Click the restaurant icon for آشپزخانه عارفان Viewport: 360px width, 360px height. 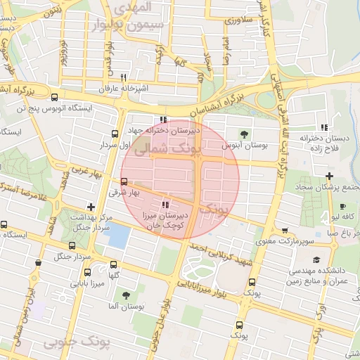(x=124, y=77)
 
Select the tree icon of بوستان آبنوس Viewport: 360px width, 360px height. (x=244, y=133)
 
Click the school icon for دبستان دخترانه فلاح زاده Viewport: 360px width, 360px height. (x=324, y=127)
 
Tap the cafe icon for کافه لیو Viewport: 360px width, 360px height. (x=342, y=206)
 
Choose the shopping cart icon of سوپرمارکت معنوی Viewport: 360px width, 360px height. (x=284, y=230)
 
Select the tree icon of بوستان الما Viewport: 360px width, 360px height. (x=126, y=295)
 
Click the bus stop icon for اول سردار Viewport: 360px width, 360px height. (x=114, y=134)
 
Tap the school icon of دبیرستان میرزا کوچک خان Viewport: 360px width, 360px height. (x=165, y=204)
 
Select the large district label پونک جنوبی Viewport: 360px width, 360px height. (x=78, y=342)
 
